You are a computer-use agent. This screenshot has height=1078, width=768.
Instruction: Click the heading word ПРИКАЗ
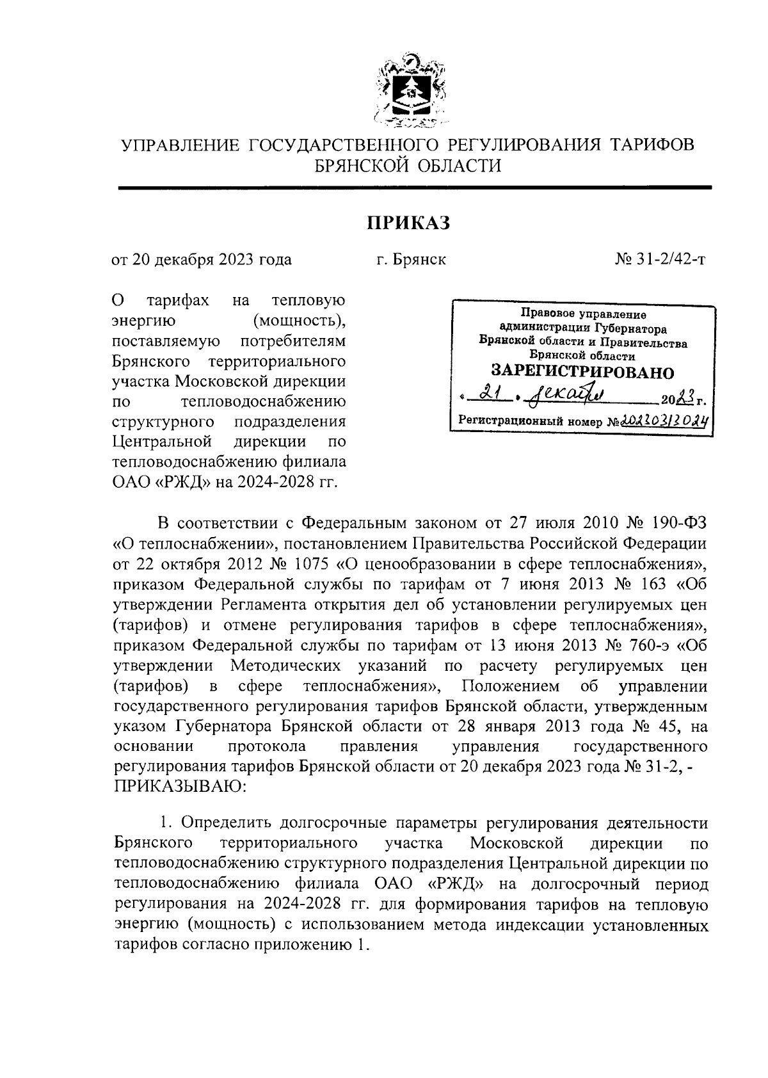pos(408,223)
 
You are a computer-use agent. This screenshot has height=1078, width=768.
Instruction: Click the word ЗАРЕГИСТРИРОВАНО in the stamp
pos(582,373)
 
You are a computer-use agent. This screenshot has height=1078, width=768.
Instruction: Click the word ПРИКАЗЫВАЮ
pos(179,785)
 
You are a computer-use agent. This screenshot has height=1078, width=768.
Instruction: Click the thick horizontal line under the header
pos(415,188)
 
